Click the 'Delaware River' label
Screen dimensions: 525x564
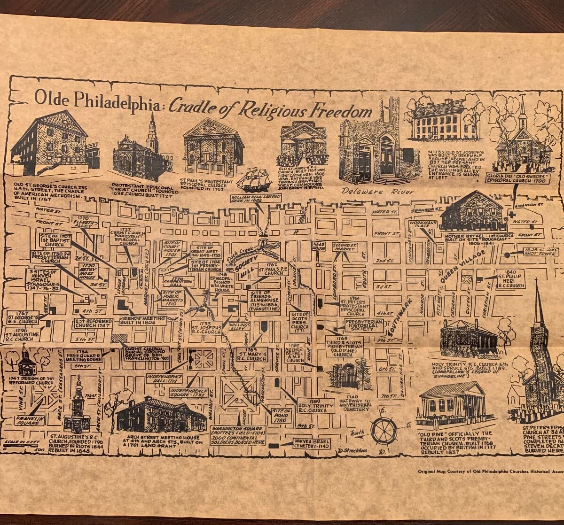(x=377, y=192)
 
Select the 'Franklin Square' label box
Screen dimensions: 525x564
(x=30, y=419)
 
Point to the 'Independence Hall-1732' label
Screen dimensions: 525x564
(x=164, y=378)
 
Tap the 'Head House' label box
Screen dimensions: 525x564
(x=319, y=247)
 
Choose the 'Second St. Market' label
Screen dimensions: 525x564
(x=345, y=247)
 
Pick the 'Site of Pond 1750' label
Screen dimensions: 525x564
(x=282, y=415)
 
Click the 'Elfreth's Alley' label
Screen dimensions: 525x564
(x=85, y=221)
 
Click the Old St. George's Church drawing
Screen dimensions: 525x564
(x=49, y=143)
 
